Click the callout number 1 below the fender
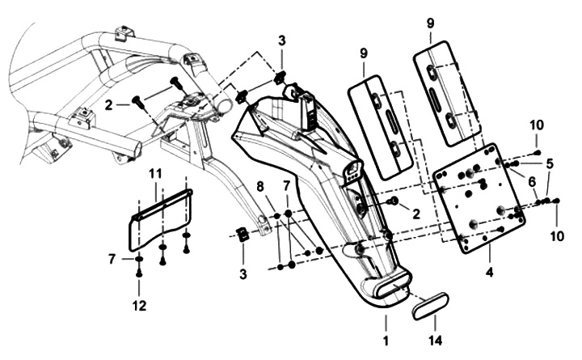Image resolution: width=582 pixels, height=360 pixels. coord(386,341)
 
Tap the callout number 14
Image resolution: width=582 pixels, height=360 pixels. coord(436,341)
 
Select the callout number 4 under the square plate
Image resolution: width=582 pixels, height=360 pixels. coord(490,273)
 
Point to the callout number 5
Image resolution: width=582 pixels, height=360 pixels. coord(550,163)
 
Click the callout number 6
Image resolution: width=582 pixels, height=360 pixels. coord(532,182)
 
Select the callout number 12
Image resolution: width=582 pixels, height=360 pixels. coord(140,306)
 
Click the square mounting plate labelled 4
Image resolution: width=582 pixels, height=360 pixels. coord(479,198)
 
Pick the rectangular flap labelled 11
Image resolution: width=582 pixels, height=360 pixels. coord(159,219)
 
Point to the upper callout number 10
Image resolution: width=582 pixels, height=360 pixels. coord(537,125)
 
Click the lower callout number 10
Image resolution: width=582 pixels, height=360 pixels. coord(557,236)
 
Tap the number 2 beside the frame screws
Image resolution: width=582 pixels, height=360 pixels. coord(108,105)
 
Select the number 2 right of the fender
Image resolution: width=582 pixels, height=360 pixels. coord(416,214)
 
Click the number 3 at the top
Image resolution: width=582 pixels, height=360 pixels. coord(282,41)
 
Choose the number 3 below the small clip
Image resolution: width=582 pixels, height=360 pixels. coord(243,274)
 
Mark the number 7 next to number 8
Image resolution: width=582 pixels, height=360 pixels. coord(286,186)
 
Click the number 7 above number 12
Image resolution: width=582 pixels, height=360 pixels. coord(112,259)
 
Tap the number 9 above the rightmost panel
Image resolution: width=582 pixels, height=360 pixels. coord(430,23)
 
